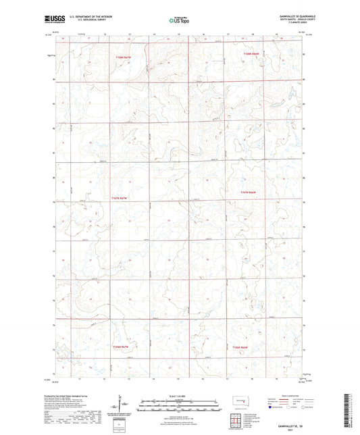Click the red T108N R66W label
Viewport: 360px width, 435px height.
pos(253,53)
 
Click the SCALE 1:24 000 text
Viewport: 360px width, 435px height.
pos(179,395)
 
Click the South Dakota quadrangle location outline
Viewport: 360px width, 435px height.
pos(236,402)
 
